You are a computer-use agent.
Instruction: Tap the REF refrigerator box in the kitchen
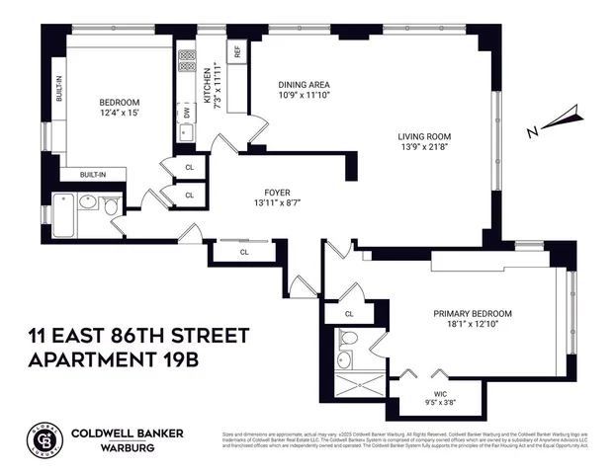coord(237,51)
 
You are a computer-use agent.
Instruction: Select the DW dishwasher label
coord(185,114)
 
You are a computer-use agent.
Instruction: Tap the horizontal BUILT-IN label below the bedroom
coord(93,174)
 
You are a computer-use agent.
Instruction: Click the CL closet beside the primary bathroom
coord(349,313)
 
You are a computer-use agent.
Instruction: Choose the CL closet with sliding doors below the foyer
coord(243,253)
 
